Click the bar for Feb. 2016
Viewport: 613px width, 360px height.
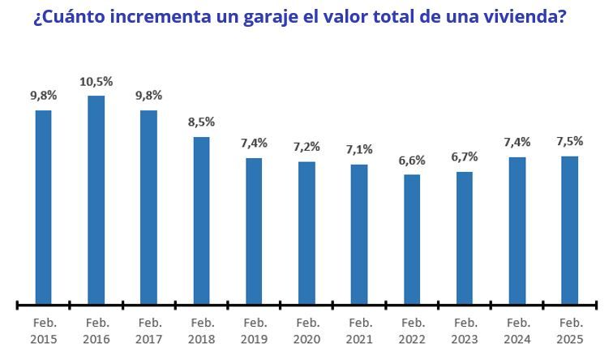click(x=96, y=199)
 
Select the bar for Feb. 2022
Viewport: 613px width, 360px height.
click(x=412, y=239)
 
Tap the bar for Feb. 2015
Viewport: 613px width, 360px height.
click(x=44, y=207)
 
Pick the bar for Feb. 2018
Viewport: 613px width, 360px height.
click(x=201, y=220)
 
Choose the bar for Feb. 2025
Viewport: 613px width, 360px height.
click(x=570, y=230)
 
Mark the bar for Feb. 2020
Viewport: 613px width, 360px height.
click(x=306, y=233)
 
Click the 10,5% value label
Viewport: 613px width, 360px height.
click(x=96, y=82)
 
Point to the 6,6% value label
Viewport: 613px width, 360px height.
click(x=412, y=161)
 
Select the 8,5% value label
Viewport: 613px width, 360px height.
click(x=201, y=122)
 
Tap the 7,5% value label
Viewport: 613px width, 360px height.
click(x=570, y=141)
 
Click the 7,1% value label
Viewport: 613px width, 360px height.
click(x=359, y=150)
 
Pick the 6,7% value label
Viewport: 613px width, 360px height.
click(x=465, y=157)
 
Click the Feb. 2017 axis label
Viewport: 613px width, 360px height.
click(x=149, y=330)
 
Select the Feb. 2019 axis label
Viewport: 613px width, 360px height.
click(x=254, y=330)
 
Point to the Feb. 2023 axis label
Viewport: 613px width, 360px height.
click(x=465, y=330)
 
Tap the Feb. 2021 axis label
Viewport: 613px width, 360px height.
click(x=359, y=330)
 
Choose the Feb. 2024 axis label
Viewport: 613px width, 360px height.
click(x=517, y=330)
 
